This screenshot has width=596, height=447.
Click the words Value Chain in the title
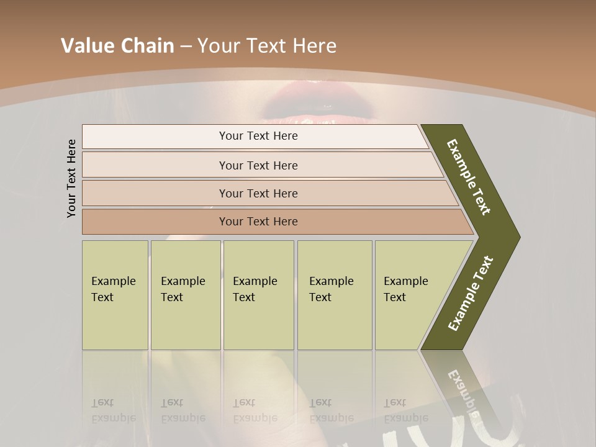[x=117, y=45]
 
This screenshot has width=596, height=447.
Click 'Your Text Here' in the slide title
[x=266, y=45]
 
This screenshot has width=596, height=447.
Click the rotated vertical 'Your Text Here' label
[x=71, y=178]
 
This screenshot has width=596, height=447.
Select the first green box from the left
[x=115, y=295]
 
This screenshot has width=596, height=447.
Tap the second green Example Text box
[x=185, y=295]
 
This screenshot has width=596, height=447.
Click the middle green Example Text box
[x=258, y=295]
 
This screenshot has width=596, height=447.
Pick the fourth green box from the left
[x=334, y=295]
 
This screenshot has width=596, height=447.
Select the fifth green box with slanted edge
[x=410, y=295]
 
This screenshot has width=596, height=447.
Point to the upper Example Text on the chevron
[x=469, y=177]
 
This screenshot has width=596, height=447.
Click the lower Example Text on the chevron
[x=471, y=294]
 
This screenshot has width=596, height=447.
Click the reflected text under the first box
[x=113, y=410]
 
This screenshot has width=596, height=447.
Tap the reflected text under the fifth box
[x=406, y=410]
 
